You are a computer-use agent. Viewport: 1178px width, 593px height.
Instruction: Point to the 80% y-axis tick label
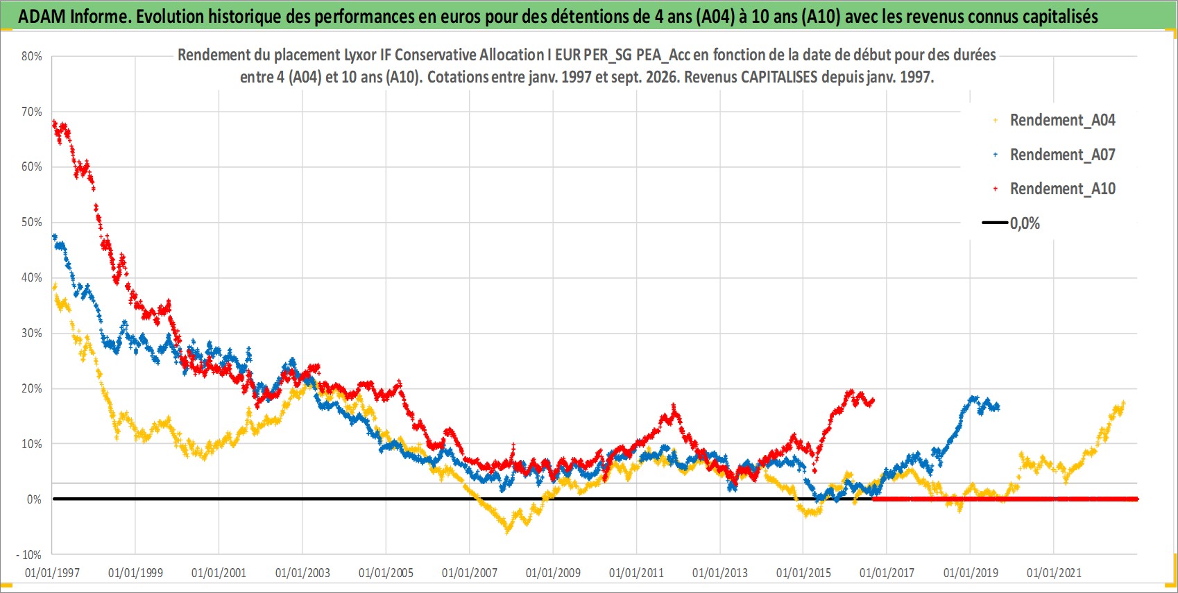coord(31,56)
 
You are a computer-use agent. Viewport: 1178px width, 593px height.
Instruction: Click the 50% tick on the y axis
coord(31,222)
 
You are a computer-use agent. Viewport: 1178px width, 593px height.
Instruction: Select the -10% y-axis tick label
coord(28,555)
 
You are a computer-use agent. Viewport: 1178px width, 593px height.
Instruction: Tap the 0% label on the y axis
coord(34,499)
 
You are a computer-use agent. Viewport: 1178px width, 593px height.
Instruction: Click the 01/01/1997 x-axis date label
coord(52,572)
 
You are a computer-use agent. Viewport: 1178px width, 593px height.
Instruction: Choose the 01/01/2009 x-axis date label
coord(553,572)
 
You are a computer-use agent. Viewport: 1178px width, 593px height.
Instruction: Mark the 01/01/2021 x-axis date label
coord(1054,572)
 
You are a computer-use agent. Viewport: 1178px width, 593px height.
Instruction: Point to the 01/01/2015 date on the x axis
coord(803,572)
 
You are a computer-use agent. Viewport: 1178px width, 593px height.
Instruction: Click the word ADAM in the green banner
coord(42,17)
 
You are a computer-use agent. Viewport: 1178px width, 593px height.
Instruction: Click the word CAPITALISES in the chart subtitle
coord(779,77)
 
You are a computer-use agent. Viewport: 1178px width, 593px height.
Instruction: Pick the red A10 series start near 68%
coord(53,123)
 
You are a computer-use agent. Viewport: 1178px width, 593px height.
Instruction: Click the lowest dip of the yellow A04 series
coord(507,532)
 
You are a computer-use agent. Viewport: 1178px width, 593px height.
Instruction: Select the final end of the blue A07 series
coord(997,407)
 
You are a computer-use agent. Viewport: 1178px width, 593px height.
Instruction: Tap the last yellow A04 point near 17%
coord(1123,403)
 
